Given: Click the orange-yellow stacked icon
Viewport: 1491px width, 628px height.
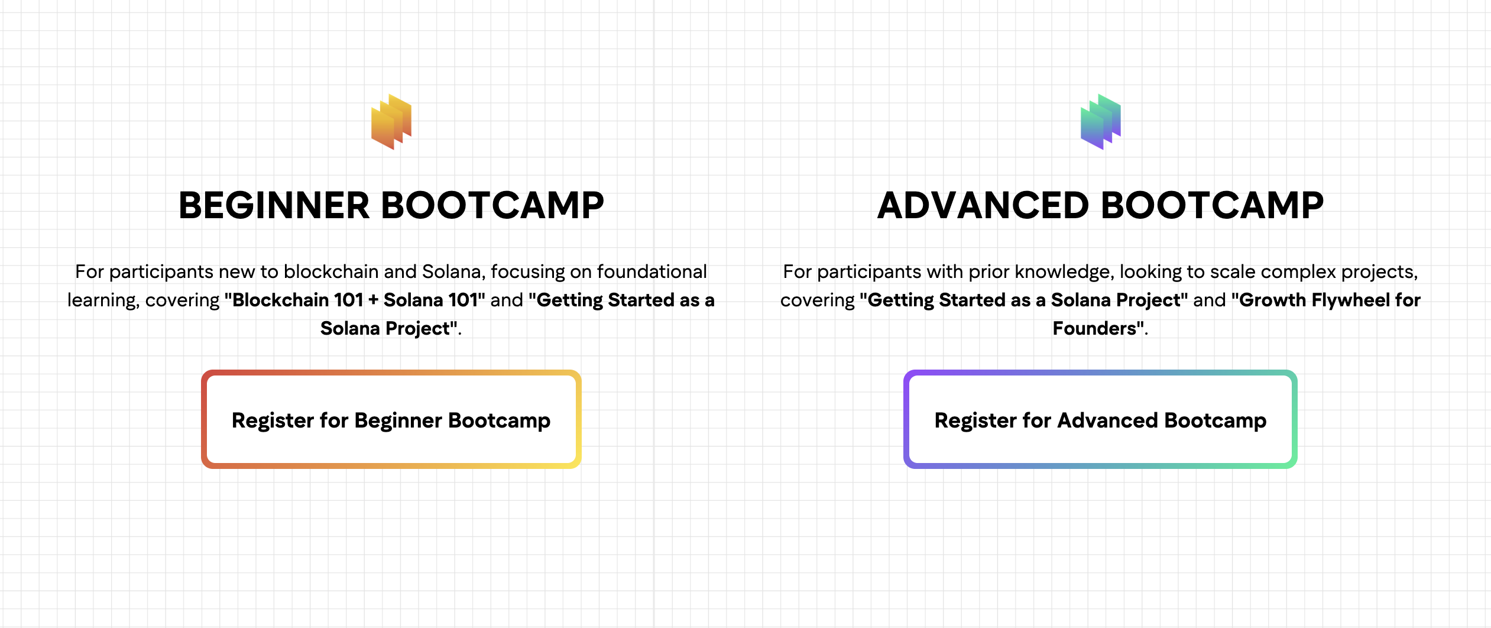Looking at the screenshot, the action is pos(391,122).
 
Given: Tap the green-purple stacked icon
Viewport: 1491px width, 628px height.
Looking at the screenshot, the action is pos(1101,122).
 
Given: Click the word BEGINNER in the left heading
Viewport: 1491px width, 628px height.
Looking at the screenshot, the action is pos(274,206).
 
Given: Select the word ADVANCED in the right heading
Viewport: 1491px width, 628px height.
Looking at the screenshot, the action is pos(983,206).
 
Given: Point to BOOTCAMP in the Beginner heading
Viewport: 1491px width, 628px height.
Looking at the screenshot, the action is pos(492,206).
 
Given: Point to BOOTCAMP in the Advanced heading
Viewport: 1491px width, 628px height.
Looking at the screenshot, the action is pos(1213,206).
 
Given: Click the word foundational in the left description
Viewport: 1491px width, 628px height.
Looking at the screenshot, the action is pos(652,271).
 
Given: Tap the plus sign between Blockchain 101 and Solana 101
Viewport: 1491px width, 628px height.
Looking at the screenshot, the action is pos(373,300).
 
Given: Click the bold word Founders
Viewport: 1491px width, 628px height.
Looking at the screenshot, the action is pos(1095,328).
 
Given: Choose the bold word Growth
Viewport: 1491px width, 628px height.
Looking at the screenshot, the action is pos(1272,300).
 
